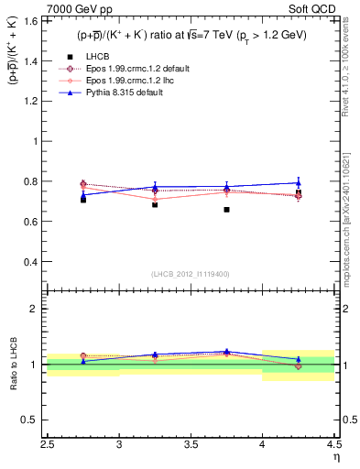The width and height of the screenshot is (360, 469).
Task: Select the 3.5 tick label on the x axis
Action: [191, 446]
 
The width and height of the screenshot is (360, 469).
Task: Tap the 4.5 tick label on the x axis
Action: [333, 446]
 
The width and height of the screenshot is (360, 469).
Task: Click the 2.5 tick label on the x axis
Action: [48, 446]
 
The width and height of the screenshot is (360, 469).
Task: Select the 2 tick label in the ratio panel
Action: [35, 309]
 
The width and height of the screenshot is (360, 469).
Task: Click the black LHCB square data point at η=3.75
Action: [226, 210]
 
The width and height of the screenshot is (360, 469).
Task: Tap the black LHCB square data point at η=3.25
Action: [155, 204]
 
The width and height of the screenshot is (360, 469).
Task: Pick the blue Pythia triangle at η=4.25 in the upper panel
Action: [298, 182]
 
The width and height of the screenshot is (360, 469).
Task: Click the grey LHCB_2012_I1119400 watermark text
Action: [191, 273]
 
